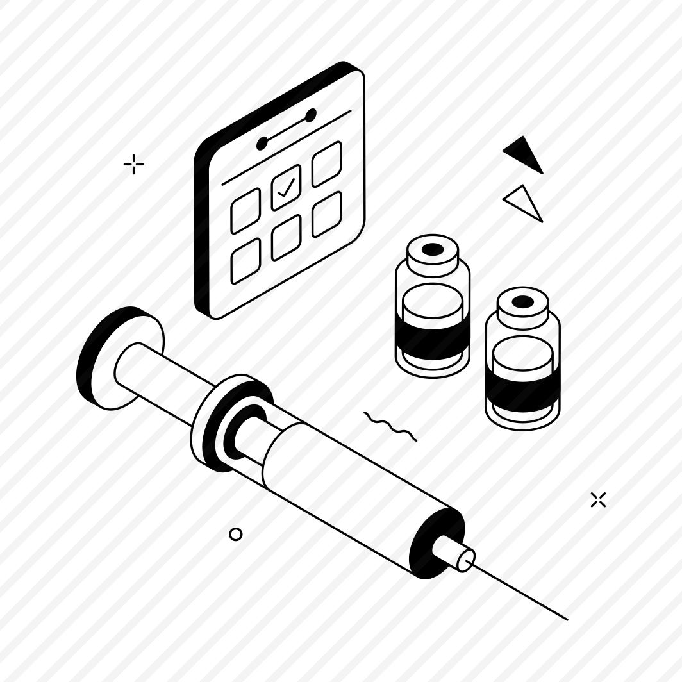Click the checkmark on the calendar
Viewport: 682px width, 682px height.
point(286,187)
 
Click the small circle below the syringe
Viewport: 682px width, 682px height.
point(236,534)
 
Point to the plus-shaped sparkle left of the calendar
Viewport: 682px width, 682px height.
point(133,165)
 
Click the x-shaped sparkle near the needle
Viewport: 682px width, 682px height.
point(598,500)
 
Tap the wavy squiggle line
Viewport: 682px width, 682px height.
point(390,427)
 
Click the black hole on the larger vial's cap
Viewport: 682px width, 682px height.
point(433,249)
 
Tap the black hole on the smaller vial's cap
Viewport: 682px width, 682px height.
point(523,301)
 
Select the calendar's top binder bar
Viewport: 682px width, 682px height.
point(287,129)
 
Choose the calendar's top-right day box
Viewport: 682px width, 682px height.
point(326,164)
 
